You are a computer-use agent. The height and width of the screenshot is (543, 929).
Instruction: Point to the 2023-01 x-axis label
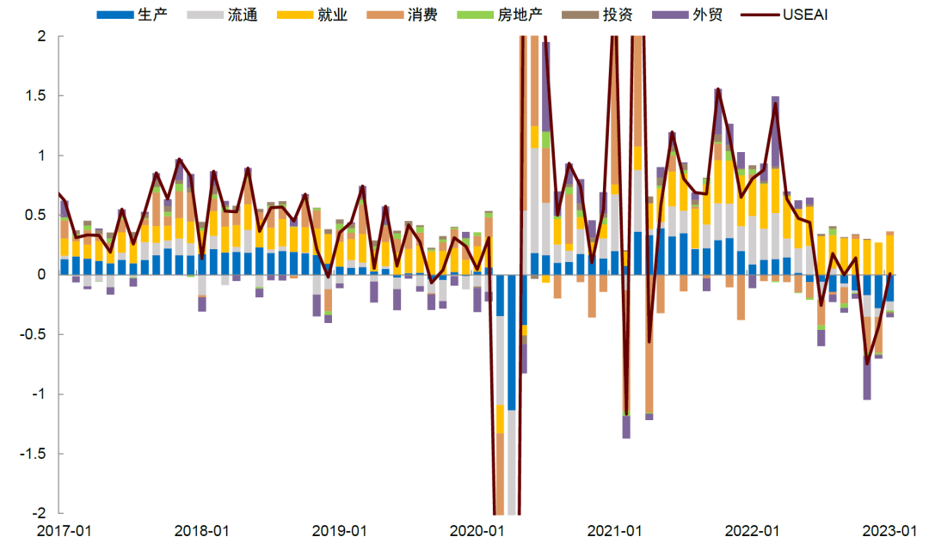point(889,530)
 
